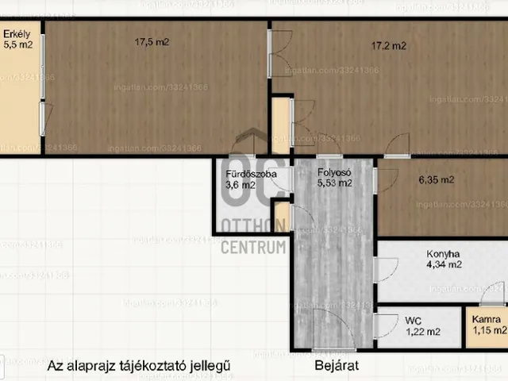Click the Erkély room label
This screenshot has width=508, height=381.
pyautogui.click(x=15, y=34)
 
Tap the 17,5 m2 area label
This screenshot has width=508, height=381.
pyautogui.click(x=152, y=42)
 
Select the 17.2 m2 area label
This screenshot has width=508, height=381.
pyautogui.click(x=389, y=46)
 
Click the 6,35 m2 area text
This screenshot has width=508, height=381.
pyautogui.click(x=437, y=180)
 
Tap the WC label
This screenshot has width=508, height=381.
pyautogui.click(x=413, y=320)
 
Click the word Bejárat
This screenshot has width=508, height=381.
pyautogui.click(x=337, y=366)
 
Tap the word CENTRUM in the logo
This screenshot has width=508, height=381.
pyautogui.click(x=252, y=246)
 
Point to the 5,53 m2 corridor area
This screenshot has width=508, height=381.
pyautogui.click(x=335, y=183)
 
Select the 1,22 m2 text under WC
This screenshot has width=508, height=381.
pyautogui.click(x=423, y=332)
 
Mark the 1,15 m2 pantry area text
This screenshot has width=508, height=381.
pyautogui.click(x=490, y=329)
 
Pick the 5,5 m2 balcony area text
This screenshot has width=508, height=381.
pyautogui.click(x=18, y=45)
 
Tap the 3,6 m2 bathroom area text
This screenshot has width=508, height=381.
pyautogui.click(x=241, y=185)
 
